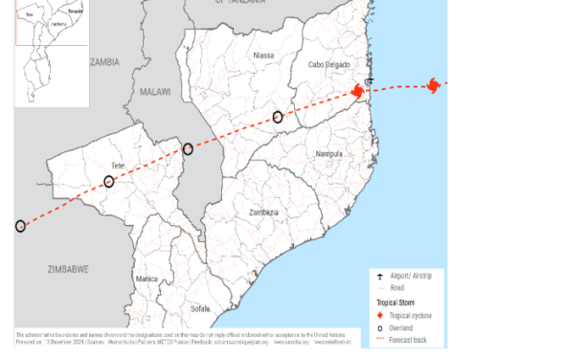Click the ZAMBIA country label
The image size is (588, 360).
click(104, 61)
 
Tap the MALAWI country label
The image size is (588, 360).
click(153, 92)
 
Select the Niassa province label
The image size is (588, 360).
click(262, 56)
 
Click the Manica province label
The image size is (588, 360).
click(147, 279)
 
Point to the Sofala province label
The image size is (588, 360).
click(200, 309)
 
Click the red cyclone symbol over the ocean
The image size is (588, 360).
click(434, 86)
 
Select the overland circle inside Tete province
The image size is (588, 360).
click(109, 181)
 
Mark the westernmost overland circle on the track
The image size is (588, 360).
click(20, 226)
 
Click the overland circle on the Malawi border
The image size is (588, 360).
click(188, 148)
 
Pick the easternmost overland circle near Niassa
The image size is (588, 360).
click(278, 117)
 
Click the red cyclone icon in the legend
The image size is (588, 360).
click(380, 315)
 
